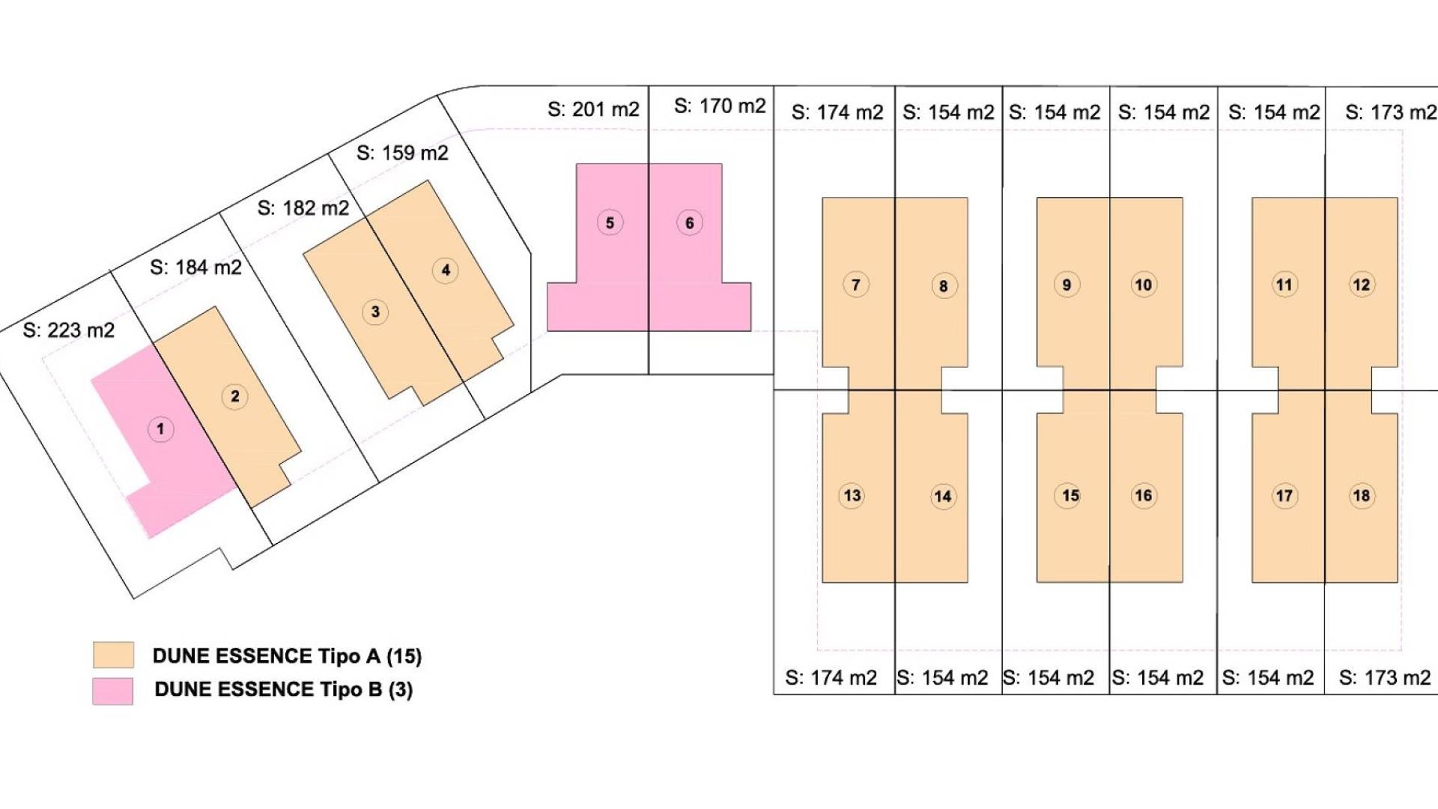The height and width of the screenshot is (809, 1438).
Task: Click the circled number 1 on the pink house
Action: coord(160,429)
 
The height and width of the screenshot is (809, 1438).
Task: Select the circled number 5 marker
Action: coord(610,222)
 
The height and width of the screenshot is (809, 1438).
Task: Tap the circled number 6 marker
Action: coord(690,222)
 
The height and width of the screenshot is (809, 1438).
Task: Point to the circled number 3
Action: coord(375,312)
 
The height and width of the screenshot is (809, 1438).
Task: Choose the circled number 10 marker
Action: coord(1144,285)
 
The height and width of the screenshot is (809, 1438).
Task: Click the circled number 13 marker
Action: coord(852,495)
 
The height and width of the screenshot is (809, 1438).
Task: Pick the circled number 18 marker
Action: coord(1362,495)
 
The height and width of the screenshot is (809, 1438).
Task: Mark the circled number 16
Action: coord(1144,495)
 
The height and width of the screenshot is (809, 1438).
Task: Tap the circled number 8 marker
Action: coord(944,285)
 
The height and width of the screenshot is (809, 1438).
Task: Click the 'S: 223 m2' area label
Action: coord(69,330)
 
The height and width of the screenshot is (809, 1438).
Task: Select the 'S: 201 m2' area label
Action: coord(594,109)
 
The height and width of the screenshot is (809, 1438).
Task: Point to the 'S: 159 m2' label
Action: coord(402,153)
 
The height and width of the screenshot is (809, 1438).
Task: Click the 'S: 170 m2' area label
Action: coord(720,106)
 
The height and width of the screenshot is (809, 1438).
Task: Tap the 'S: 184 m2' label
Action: coord(196,267)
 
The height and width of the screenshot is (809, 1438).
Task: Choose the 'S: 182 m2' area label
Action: coord(303,208)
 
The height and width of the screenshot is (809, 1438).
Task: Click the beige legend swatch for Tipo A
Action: coord(114,655)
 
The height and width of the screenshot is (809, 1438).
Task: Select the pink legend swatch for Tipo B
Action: coord(113,691)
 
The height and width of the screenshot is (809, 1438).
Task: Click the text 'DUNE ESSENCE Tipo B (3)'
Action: coord(284,689)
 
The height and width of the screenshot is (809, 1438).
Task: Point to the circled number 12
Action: coord(1362,285)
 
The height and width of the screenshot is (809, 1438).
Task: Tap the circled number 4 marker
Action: coord(446,270)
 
